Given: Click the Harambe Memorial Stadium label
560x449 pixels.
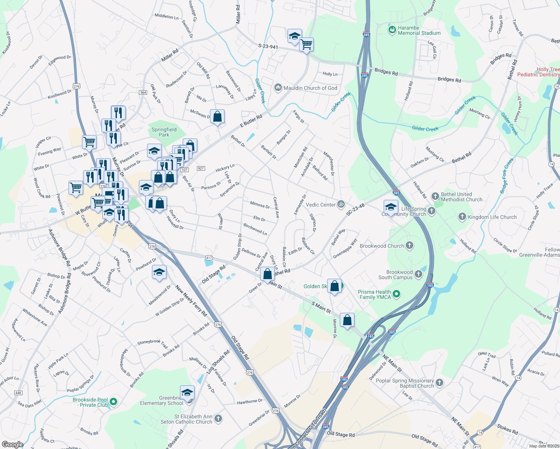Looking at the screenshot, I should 419,30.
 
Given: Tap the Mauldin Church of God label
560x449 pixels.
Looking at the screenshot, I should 310,88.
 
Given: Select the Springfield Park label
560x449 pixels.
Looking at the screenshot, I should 164,132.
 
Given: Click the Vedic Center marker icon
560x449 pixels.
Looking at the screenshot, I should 341,204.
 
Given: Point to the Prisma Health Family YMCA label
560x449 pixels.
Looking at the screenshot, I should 374,294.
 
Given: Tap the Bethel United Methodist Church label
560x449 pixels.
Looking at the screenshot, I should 461,197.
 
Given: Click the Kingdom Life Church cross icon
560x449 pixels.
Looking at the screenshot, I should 462,217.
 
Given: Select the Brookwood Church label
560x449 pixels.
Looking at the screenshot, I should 382,246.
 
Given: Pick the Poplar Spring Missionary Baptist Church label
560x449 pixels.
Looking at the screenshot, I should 405,383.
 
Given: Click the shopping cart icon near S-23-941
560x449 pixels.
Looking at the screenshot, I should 306,45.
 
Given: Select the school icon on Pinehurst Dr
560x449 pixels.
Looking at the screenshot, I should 159,272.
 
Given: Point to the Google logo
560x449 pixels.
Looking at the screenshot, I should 12,444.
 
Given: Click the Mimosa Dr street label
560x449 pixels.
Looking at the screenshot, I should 260,205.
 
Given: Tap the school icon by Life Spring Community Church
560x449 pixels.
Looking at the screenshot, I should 390,207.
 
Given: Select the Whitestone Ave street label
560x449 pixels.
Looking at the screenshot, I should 34,317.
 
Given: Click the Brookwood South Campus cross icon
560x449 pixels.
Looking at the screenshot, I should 419,275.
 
